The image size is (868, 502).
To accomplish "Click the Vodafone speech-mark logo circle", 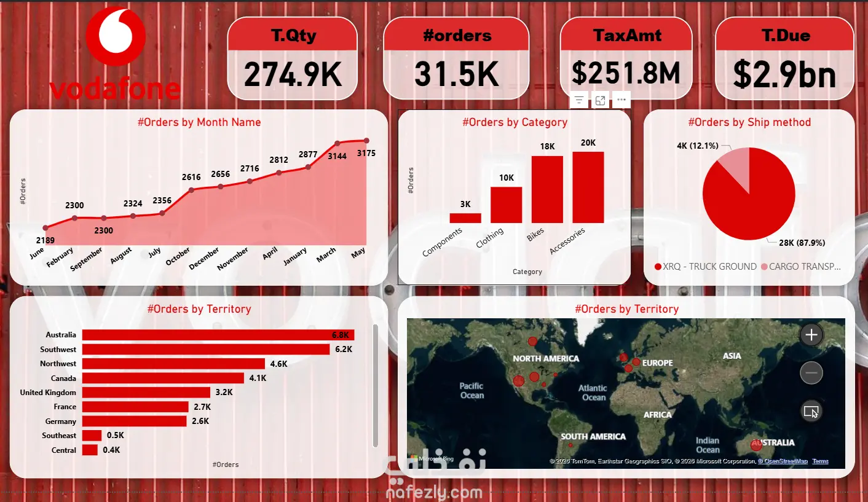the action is (x=116, y=36).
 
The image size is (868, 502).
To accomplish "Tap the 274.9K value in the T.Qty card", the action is (x=293, y=74).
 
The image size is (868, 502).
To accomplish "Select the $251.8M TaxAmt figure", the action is (x=626, y=73).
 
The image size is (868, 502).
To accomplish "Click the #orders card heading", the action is (x=457, y=36).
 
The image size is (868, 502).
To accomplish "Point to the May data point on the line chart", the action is (x=366, y=141).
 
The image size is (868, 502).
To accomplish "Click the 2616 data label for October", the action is (x=191, y=177).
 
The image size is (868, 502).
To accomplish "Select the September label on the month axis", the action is (x=86, y=259).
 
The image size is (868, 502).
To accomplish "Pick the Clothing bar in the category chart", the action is (x=506, y=205).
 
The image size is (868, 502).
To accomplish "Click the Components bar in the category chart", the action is (x=465, y=218).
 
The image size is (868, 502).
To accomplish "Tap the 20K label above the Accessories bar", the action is (x=588, y=143).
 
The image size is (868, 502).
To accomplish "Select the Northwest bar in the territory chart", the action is (x=173, y=364).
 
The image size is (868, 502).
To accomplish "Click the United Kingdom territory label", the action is (x=48, y=393).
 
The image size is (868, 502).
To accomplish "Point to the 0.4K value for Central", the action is (x=111, y=450).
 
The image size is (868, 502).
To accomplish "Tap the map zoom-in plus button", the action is (x=811, y=335).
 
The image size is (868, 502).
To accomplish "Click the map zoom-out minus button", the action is (x=811, y=372).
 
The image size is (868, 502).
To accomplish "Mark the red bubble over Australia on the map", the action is (x=756, y=445).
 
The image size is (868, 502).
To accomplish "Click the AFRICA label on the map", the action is (x=658, y=415).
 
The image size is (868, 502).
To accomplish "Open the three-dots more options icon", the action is (x=621, y=100).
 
